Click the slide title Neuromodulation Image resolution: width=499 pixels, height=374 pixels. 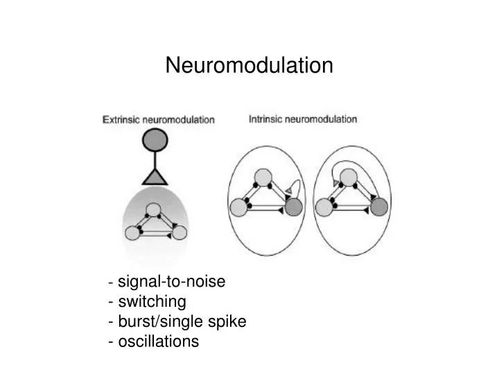click(x=249, y=66)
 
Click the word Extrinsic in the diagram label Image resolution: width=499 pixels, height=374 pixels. click(x=121, y=119)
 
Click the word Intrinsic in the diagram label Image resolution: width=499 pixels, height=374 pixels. click(x=265, y=118)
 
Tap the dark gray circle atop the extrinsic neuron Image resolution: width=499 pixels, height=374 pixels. click(x=155, y=141)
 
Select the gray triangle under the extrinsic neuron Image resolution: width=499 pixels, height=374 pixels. click(x=155, y=175)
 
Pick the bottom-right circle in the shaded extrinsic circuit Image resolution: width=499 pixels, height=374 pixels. click(x=179, y=232)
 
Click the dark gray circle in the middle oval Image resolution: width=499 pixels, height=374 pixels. click(x=293, y=206)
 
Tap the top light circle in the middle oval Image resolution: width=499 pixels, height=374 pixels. click(x=261, y=178)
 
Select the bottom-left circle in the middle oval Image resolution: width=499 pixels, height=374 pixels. click(x=239, y=206)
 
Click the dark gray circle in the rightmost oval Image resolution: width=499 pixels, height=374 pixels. click(x=378, y=206)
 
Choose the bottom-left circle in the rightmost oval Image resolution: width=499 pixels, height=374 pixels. click(x=324, y=206)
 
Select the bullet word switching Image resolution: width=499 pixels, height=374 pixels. click(x=152, y=302)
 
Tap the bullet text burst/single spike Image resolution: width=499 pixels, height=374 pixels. click(x=182, y=321)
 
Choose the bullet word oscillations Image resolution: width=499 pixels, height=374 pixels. click(x=158, y=341)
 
